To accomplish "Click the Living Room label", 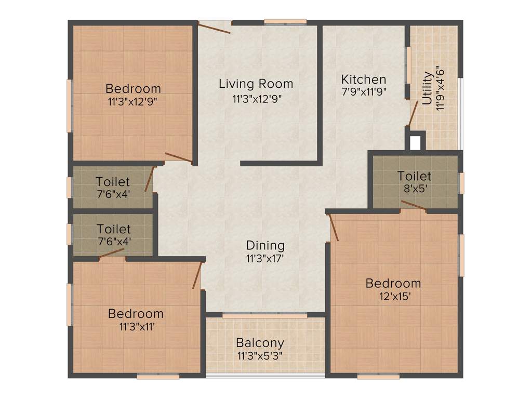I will click(256, 83).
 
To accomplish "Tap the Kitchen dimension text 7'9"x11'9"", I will click(364, 91).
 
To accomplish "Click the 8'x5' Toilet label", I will click(414, 176).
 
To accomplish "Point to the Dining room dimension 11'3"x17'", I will click(265, 258).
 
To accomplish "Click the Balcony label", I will click(260, 343).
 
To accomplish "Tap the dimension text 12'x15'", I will click(393, 297).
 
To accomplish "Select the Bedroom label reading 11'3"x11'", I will click(136, 314).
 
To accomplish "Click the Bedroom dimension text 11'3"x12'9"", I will click(132, 101).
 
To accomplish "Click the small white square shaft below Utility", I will click(415, 142).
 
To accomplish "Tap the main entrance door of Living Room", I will click(214, 27).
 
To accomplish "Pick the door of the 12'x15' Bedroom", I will click(334, 227).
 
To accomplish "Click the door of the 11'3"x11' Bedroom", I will click(197, 275).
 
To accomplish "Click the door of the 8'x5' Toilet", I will click(414, 206).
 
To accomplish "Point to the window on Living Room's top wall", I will click(285, 22).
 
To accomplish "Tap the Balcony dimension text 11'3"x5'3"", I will click(260, 356).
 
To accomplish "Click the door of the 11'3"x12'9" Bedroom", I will click(179, 158).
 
